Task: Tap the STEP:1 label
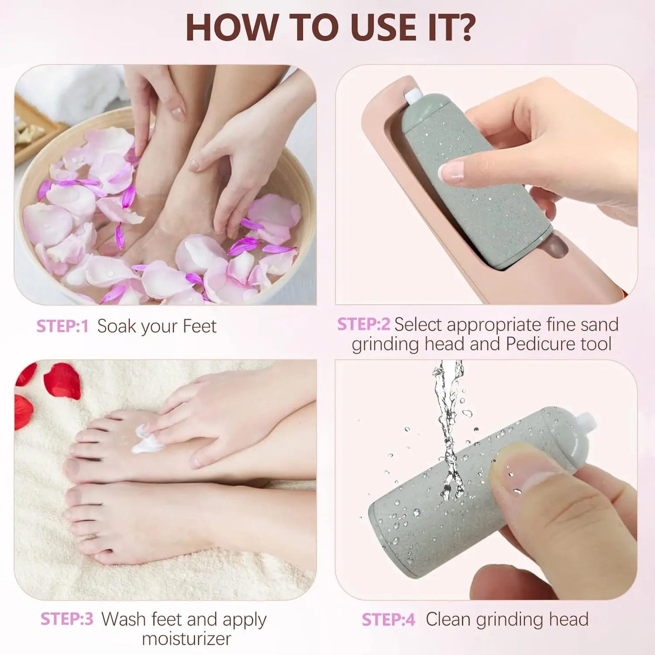tap(62, 326)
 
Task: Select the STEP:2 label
tap(364, 325)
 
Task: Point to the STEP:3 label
tap(67, 619)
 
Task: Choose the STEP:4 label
tap(388, 620)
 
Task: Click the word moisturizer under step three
tap(186, 639)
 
